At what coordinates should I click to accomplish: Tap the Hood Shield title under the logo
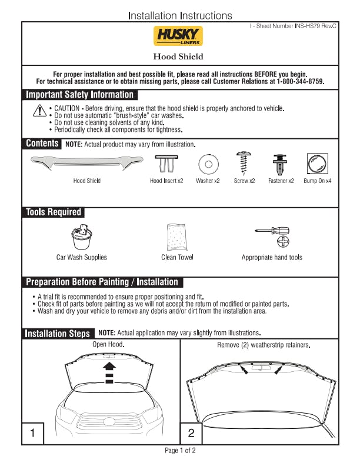178,57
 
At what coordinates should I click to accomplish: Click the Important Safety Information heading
80,95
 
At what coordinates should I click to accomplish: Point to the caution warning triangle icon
39,110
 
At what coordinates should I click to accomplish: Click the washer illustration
207,162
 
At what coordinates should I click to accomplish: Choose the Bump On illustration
317,162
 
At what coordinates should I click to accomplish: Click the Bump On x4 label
317,181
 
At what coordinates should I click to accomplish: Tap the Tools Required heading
54,212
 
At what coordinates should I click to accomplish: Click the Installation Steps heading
58,334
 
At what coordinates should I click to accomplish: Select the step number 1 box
33,434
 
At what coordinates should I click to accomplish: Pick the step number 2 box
191,434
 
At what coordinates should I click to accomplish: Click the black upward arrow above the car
109,368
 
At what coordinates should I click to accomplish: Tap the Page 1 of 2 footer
179,451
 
